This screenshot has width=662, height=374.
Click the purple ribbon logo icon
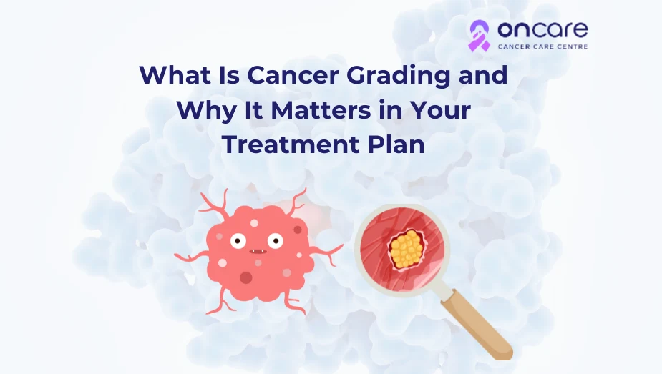coord(480,36)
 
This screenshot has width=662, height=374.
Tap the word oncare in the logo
coord(542,29)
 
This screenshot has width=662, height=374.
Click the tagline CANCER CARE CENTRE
coord(542,46)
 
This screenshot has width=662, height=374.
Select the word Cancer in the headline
coord(293,74)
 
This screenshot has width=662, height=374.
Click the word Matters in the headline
coord(321,109)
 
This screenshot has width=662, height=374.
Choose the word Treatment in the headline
coord(291,144)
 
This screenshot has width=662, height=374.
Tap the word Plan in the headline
coord(396,144)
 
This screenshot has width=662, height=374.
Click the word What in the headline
coord(175,74)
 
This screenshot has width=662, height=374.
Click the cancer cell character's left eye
coord(238,241)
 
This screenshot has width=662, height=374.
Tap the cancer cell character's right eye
coord(276,241)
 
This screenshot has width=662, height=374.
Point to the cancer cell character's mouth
coord(258,252)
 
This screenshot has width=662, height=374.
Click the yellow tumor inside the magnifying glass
coord(407,249)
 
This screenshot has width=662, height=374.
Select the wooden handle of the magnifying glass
coord(480,325)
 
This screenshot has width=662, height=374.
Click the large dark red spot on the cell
coord(246,277)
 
